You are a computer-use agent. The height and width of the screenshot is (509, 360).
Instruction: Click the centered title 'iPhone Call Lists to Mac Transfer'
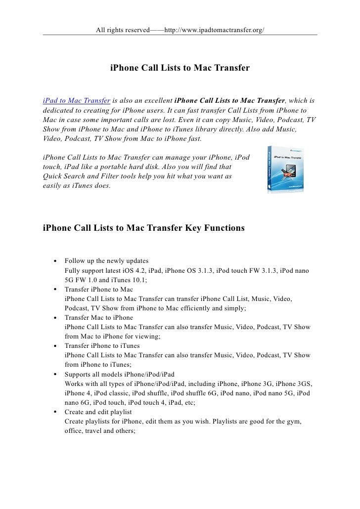coord(180,67)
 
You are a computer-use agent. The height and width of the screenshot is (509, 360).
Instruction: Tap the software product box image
coord(286,170)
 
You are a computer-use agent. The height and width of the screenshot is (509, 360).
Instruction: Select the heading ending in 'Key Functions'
coord(144,228)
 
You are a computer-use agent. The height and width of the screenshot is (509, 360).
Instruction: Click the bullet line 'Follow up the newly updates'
coord(106,260)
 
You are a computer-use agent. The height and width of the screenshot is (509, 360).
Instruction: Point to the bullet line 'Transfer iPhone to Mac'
coord(98,289)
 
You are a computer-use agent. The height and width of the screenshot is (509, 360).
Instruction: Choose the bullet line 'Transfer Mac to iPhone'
coord(98,317)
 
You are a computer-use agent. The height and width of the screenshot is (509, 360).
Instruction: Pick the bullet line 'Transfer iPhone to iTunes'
coord(102,345)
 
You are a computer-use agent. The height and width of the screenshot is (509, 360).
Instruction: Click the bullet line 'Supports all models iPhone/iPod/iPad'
coord(119,374)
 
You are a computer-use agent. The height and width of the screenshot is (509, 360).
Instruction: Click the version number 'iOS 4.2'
coord(164,270)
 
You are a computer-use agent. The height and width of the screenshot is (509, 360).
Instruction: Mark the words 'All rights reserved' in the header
coord(122,30)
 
